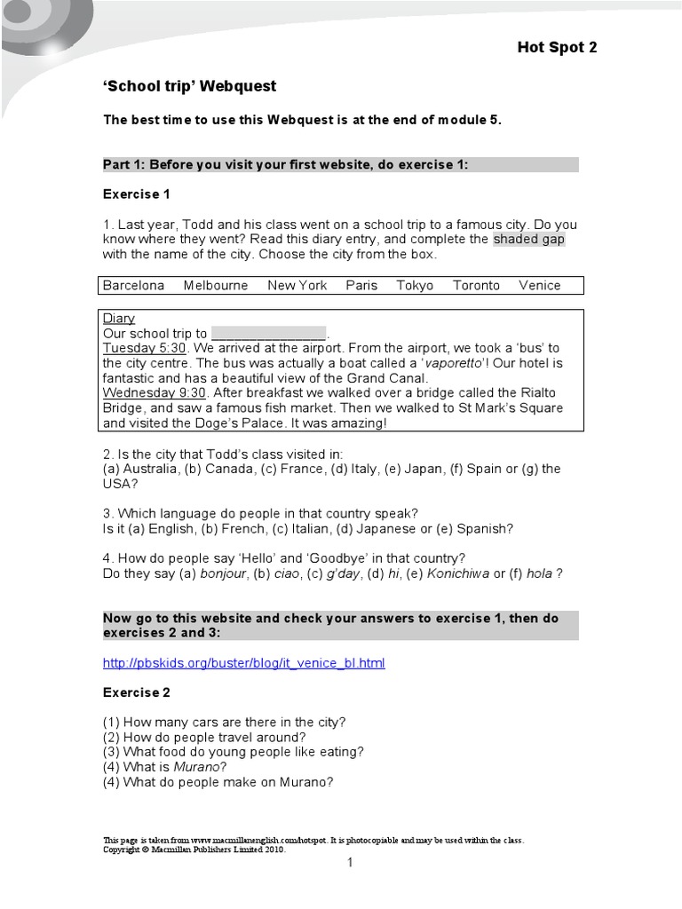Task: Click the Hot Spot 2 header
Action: click(x=557, y=48)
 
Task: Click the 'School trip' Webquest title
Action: click(x=189, y=86)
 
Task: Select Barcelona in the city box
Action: click(x=133, y=285)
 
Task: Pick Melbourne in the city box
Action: click(x=216, y=285)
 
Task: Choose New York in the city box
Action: click(x=297, y=285)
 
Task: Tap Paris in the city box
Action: click(x=361, y=285)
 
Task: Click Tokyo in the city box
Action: click(x=415, y=285)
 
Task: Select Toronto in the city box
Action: click(x=476, y=285)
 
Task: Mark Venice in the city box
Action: click(x=540, y=285)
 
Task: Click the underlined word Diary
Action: click(x=119, y=318)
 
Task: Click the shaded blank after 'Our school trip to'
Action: click(x=269, y=334)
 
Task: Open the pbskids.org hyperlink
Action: click(x=244, y=663)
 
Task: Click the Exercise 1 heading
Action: click(x=136, y=194)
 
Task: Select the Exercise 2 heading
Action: click(x=136, y=692)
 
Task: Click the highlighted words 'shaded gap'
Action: click(x=529, y=239)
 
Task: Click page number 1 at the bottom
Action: click(x=350, y=862)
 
